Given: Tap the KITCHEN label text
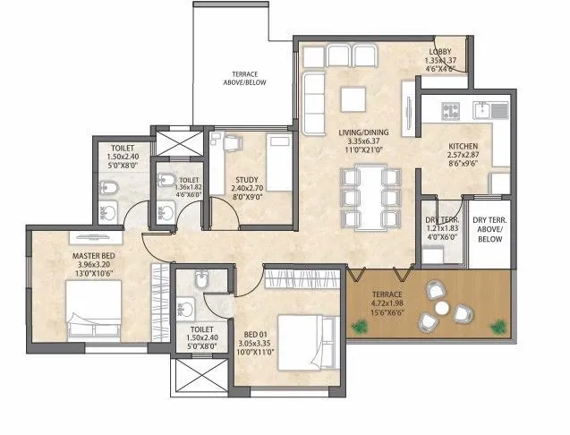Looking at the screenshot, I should click(x=463, y=146).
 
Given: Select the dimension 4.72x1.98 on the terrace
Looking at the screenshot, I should click(x=388, y=304).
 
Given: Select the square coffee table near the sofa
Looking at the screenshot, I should click(x=353, y=97).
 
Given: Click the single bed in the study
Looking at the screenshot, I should click(x=280, y=161).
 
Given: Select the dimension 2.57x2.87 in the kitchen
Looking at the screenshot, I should click(x=463, y=156).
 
